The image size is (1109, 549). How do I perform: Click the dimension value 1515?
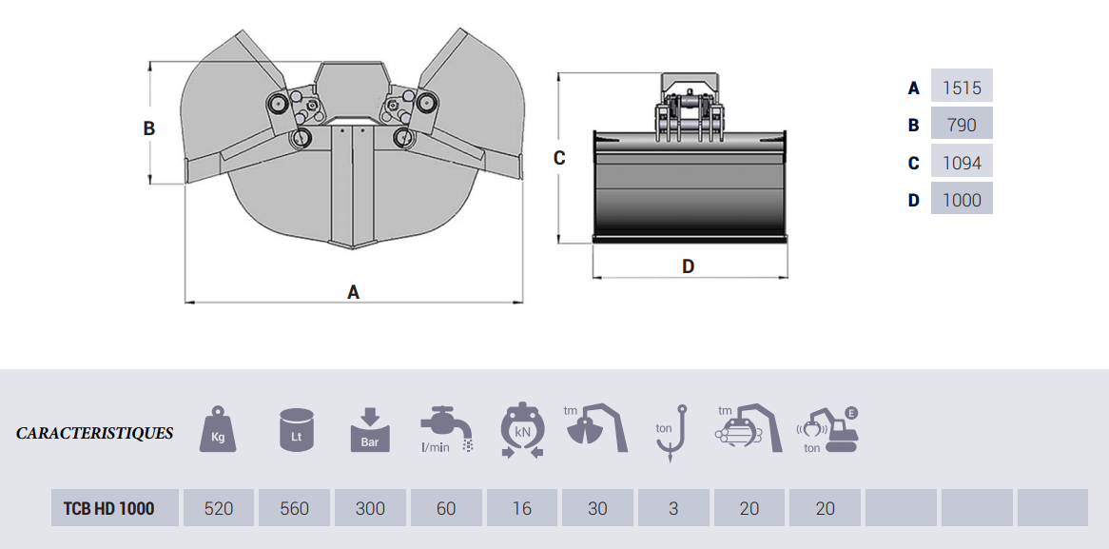[x=962, y=88]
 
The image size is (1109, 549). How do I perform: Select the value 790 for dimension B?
[x=962, y=125]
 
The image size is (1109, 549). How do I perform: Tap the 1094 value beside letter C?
[x=962, y=163]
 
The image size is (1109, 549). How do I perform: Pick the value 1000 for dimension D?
[x=962, y=200]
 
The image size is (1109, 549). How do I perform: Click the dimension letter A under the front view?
[x=353, y=292]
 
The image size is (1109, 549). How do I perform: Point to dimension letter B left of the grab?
[x=149, y=127]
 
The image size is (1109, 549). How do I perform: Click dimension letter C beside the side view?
[x=559, y=158]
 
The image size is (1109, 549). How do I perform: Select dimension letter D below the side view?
[x=688, y=266]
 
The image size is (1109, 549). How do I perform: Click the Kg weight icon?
[x=218, y=430]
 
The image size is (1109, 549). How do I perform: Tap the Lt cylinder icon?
[x=296, y=430]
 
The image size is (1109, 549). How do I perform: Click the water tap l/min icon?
[x=445, y=430]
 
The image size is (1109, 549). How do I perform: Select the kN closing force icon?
[x=521, y=430]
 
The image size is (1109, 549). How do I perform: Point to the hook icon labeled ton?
[x=671, y=433]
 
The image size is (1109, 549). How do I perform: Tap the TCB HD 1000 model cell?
[x=108, y=508]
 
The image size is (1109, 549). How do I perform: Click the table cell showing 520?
[x=219, y=508]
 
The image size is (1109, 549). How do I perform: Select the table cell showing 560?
[x=294, y=508]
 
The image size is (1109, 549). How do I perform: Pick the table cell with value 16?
[x=521, y=508]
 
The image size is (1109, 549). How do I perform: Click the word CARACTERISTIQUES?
[x=95, y=433]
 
